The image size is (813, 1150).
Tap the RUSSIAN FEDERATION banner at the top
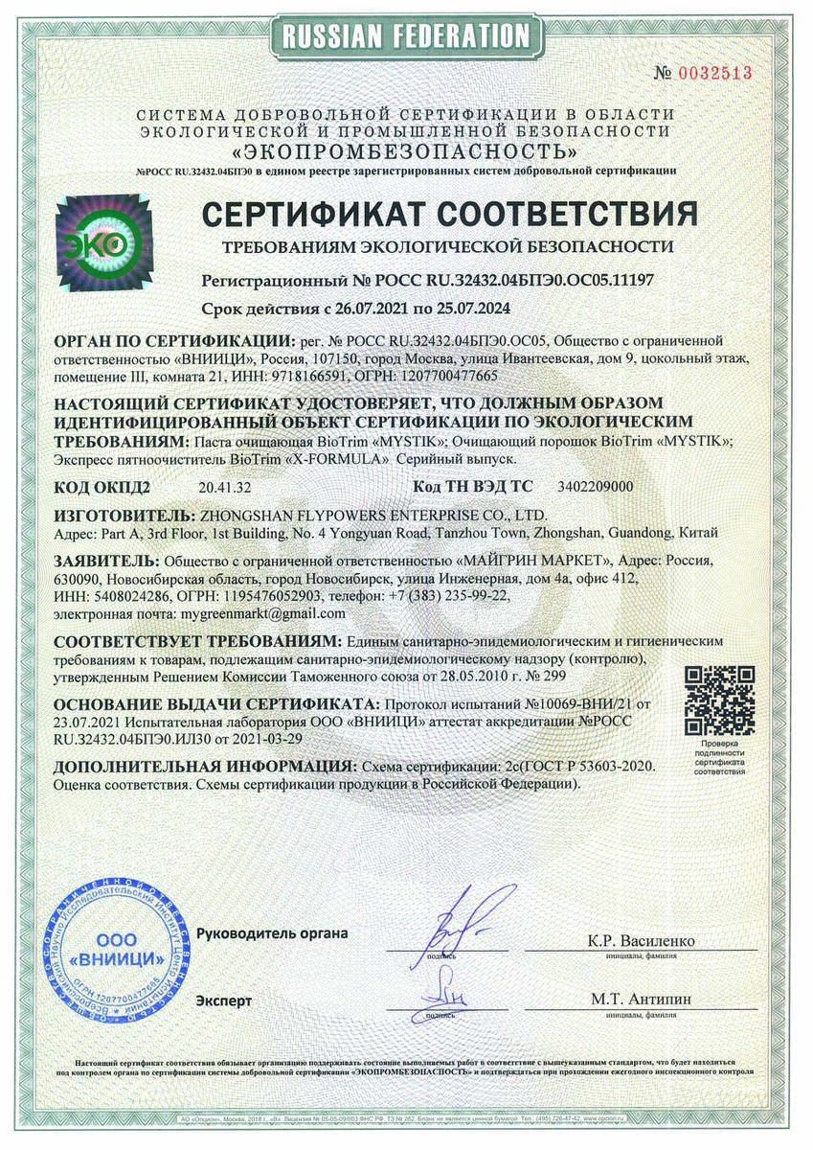(406, 35)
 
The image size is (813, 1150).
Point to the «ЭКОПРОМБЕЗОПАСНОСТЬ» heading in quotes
(406, 151)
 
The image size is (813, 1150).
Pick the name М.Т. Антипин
(641, 998)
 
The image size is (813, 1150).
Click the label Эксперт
(224, 1000)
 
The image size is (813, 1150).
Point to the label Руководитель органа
(272, 932)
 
